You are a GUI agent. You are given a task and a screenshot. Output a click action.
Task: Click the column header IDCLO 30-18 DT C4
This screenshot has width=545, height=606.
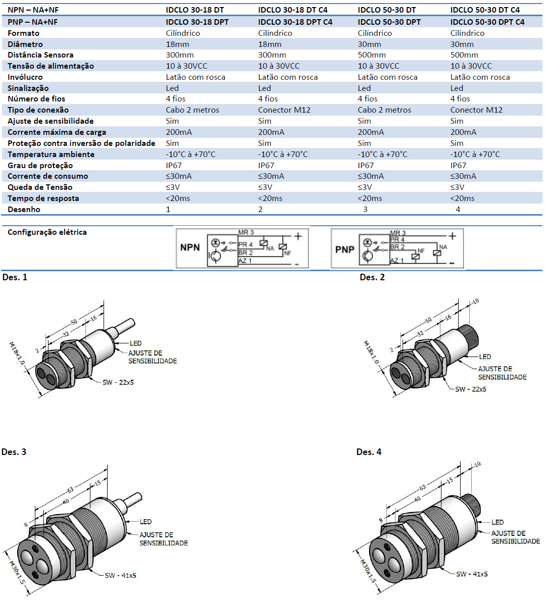[x=292, y=10]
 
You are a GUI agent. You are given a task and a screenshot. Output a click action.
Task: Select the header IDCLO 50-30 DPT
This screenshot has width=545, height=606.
[x=389, y=22]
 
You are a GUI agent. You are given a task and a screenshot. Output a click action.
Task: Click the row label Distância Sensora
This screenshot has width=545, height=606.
[x=40, y=55]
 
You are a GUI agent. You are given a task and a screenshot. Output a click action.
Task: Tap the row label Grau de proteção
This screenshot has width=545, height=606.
[x=40, y=166]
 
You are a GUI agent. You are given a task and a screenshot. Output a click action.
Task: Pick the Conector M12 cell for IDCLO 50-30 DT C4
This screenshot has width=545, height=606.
[x=476, y=110]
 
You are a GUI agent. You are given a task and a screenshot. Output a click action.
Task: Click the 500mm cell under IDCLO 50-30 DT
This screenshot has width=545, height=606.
[x=371, y=55]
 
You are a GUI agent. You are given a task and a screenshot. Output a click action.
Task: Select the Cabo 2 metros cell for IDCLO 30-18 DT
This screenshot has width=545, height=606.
[x=192, y=110]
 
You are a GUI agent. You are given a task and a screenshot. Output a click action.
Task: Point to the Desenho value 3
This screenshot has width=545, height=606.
[x=365, y=210]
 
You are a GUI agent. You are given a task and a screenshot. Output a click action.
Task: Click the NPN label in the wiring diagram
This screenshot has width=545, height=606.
[x=190, y=247]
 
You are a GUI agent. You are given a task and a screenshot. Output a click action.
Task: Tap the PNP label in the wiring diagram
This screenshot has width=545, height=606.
[x=345, y=249]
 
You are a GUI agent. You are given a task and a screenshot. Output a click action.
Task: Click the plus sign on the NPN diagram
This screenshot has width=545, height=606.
[x=299, y=236]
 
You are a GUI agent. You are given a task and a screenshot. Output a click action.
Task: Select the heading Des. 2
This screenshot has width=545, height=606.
[x=372, y=277]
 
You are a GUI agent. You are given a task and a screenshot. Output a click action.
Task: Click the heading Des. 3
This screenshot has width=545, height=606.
[x=14, y=452]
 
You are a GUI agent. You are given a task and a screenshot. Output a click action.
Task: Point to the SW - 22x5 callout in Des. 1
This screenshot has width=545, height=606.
[x=118, y=382]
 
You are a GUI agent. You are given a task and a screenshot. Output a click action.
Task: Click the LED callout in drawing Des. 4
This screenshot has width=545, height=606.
[x=498, y=522]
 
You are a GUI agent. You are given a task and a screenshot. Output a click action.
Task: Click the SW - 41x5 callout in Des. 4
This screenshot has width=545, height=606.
[x=472, y=574]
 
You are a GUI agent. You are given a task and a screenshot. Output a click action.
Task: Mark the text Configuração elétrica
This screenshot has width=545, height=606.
[x=47, y=232]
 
